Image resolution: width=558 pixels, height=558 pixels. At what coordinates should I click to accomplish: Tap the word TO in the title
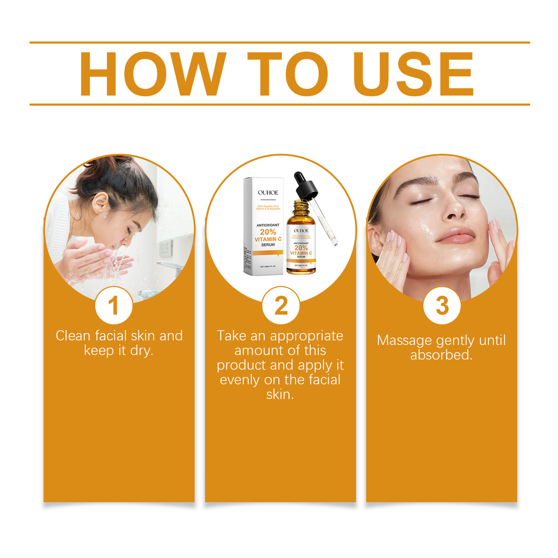[288, 74]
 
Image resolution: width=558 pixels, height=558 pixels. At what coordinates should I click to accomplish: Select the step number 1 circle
[114, 306]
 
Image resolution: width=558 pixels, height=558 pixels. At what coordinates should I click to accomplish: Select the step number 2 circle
[281, 306]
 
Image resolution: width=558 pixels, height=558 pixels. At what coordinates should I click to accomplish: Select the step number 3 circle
[442, 306]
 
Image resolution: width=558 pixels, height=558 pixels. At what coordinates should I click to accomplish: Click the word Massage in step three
[404, 341]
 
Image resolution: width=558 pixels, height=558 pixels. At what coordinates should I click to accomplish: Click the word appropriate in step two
[307, 336]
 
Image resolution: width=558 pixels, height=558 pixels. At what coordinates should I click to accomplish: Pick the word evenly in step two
[240, 380]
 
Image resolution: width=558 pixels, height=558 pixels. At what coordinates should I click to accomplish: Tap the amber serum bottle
[301, 244]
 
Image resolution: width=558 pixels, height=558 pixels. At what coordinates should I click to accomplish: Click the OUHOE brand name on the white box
[268, 193]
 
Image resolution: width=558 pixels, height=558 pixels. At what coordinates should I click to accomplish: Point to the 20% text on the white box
[268, 232]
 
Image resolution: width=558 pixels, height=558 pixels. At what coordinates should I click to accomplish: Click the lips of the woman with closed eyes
[456, 236]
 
